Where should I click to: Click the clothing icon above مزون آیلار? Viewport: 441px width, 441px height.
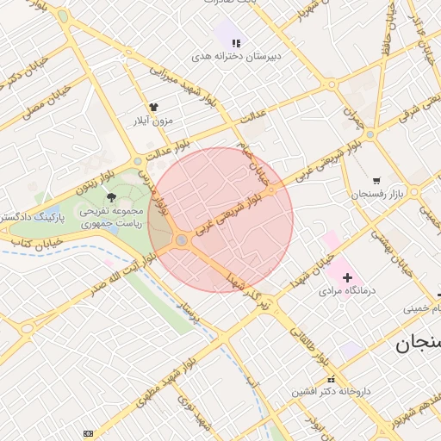(x=154, y=107)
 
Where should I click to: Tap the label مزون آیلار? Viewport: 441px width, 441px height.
(x=155, y=121)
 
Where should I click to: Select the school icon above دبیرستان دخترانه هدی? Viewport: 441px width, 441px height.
(x=236, y=42)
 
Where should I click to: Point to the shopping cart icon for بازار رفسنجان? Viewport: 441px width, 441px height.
(x=376, y=181)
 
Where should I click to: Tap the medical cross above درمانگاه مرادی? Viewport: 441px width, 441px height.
(x=347, y=277)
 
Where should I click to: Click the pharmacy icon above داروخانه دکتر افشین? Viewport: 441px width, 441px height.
(x=330, y=380)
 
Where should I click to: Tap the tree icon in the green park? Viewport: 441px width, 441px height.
(x=110, y=197)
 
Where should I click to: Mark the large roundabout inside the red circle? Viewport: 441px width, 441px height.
(x=182, y=240)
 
